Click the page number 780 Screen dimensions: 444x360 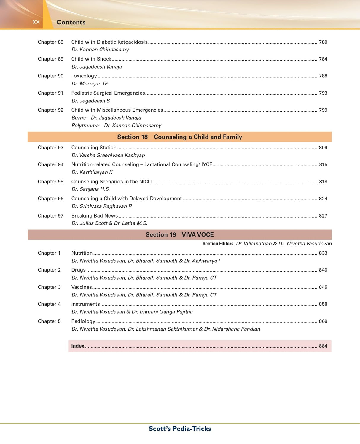tap(323, 42)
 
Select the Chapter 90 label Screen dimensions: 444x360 tap(50, 76)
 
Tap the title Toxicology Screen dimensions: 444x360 tap(84, 76)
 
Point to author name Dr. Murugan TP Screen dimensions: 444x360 tap(90, 84)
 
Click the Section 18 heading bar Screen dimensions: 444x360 tap(179, 137)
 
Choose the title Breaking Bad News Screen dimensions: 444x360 tap(94, 216)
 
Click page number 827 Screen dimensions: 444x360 tap(323, 216)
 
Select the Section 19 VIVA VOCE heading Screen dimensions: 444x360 tap(179, 235)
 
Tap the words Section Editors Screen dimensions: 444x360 tap(218, 244)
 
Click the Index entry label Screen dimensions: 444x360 tap(78, 346)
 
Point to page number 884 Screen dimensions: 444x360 tap(323, 346)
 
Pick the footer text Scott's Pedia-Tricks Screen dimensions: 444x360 tap(180, 429)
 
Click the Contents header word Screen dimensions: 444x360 tap(71, 22)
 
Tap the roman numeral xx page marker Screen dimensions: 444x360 tap(36, 22)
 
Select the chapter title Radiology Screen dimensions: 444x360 tap(83, 321)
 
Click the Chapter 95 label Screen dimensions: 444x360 tap(50, 182)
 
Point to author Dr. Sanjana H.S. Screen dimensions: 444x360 tap(90, 189)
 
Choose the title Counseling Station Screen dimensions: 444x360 tap(94, 148)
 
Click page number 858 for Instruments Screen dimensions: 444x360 tap(323, 304)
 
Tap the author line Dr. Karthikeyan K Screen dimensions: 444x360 tap(92, 172)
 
